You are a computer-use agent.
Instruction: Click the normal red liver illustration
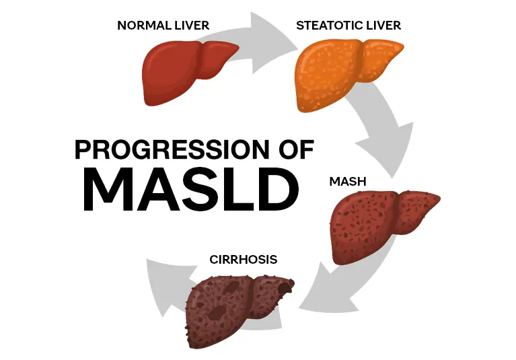[x=182, y=71]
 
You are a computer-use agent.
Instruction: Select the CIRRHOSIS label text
[x=244, y=259]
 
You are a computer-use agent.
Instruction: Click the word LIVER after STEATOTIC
[x=383, y=26]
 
